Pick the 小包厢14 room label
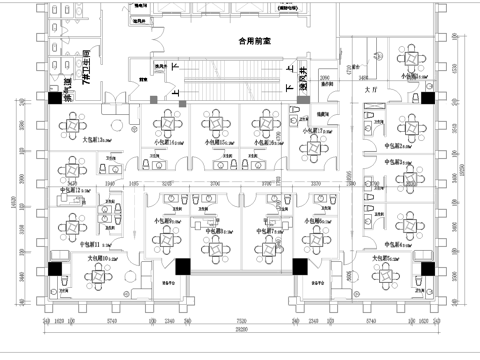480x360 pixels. [168, 144]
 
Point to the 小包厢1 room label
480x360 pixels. [409, 76]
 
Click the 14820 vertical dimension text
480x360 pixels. [13, 200]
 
